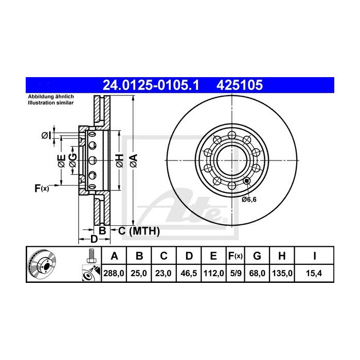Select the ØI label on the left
pyautogui.click(x=46, y=135)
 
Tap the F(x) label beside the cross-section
pyautogui.click(x=42, y=188)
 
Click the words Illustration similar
pyautogui.click(x=50, y=103)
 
